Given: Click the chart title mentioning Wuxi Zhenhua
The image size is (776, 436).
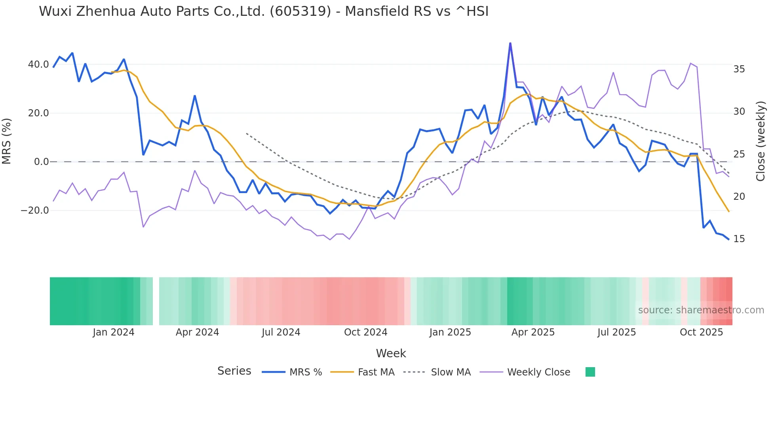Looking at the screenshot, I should tap(264, 11).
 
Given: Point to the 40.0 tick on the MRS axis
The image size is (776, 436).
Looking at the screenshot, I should tap(38, 64).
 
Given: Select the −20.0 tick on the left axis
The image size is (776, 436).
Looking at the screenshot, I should tap(35, 210).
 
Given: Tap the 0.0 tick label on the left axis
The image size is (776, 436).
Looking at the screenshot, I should tap(41, 162).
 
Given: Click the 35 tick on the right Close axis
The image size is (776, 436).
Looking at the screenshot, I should tap(739, 69).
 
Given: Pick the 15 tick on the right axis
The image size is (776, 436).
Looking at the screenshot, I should tap(739, 239).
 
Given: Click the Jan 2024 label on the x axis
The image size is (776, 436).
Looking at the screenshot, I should tap(114, 332).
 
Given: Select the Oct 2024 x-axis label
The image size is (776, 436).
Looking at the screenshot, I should tap(365, 332).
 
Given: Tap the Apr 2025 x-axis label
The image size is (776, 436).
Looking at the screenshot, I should tap(533, 332).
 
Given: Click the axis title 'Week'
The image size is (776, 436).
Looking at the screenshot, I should tap(391, 353).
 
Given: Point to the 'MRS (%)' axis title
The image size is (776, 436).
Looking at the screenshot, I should tap(7, 141).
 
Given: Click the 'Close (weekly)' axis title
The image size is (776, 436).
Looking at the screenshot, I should tap(761, 141).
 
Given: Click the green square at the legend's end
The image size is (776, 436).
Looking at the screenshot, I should tap(590, 372).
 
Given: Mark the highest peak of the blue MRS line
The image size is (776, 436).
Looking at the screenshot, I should tap(510, 43).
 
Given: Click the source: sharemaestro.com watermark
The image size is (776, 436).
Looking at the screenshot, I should tap(701, 310).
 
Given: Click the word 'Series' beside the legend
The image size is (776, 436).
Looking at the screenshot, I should tap(234, 371).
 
